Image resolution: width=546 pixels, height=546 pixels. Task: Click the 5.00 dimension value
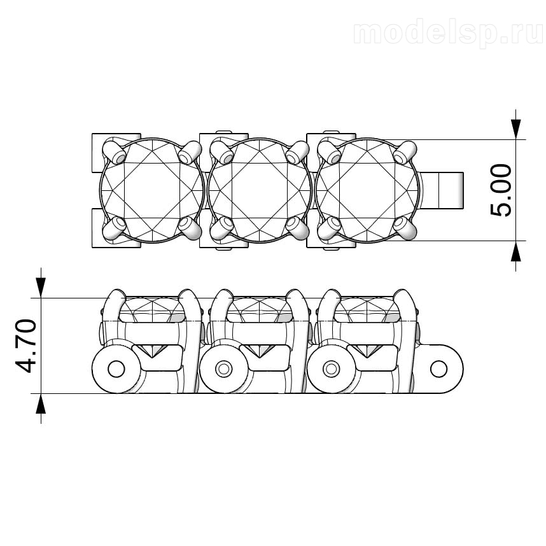(501, 190)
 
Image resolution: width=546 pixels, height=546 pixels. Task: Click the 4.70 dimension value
(26, 346)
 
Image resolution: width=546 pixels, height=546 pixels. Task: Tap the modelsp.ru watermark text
(449, 34)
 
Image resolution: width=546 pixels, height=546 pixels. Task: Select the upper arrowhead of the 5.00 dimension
(515, 129)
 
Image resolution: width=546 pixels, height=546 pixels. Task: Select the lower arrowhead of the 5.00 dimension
(515, 251)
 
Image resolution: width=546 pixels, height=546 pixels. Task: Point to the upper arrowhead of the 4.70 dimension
(41, 288)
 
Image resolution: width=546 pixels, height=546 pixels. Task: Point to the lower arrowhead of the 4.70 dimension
(41, 404)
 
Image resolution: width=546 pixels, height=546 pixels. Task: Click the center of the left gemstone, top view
(152, 190)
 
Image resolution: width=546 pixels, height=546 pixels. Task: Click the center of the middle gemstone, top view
(260, 190)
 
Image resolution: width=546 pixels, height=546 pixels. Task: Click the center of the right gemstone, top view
(367, 190)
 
